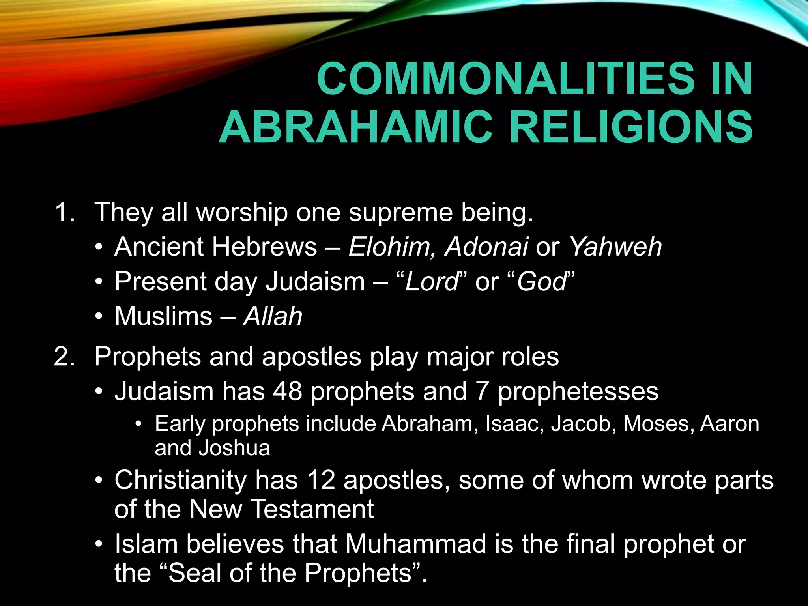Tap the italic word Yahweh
coord(615,247)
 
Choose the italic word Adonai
coord(486,247)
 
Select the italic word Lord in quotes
coord(431,282)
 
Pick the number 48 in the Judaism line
coord(288,391)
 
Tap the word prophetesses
coord(578,391)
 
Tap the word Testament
coord(312,509)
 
